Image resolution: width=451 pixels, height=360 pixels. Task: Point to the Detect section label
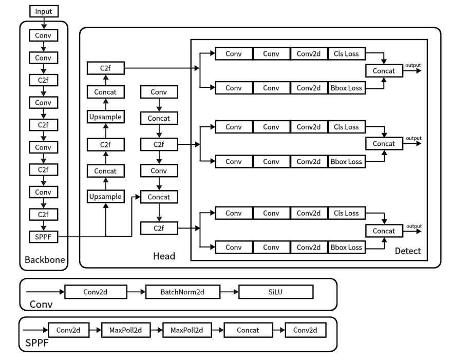pos(408,251)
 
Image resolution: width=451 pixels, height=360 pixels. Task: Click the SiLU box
pos(275,292)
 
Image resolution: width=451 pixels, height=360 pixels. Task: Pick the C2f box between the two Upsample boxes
pos(105,144)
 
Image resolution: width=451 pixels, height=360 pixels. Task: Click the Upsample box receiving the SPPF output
pos(105,196)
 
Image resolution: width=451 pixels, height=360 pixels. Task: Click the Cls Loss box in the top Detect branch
pos(347,53)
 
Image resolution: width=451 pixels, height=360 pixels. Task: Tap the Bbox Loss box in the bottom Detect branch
pos(347,247)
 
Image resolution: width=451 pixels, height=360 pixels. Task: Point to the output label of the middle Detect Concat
pos(413,138)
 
